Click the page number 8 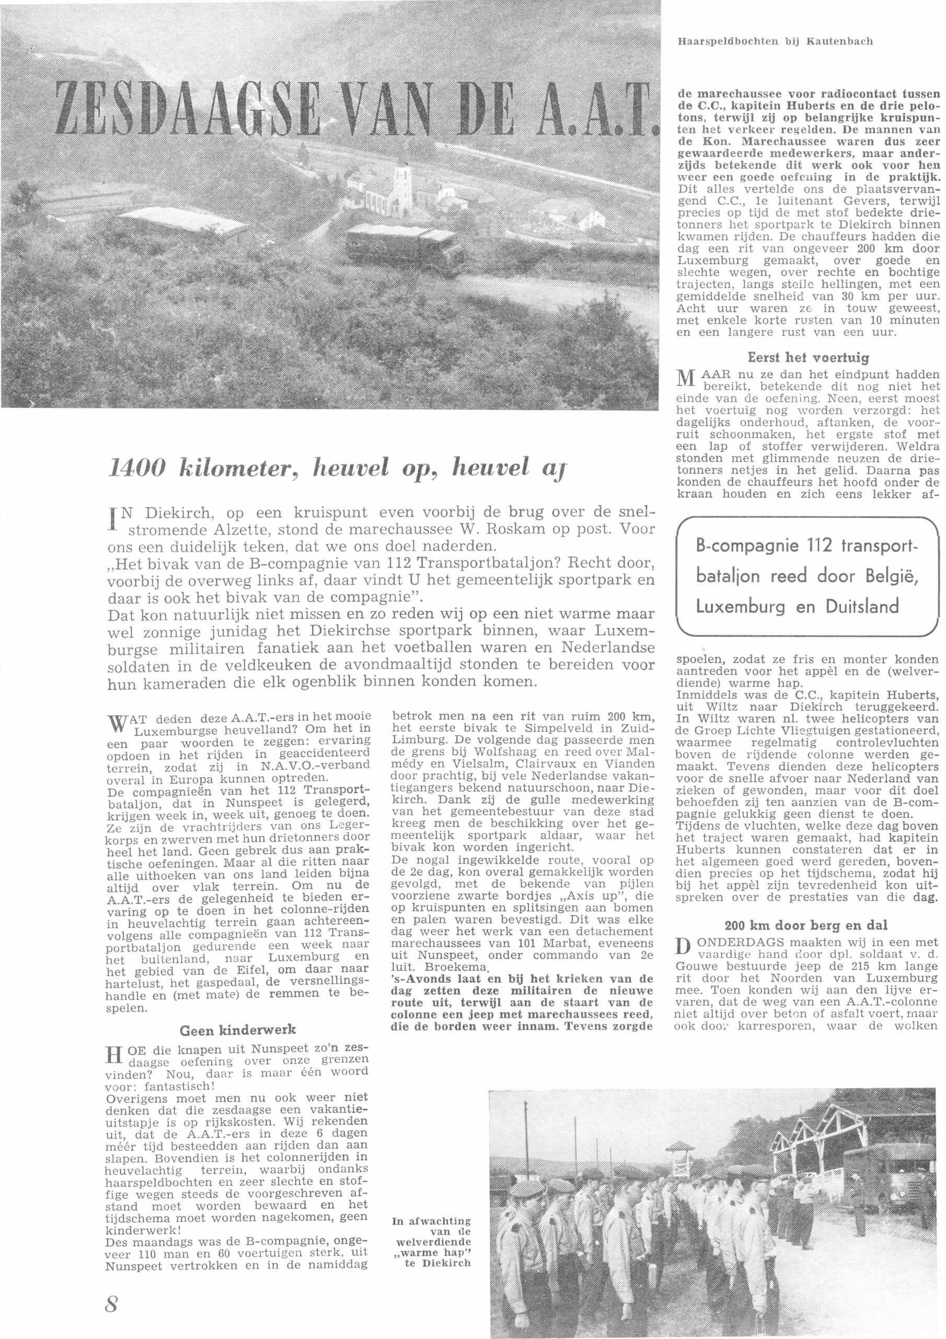pos(112,1303)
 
